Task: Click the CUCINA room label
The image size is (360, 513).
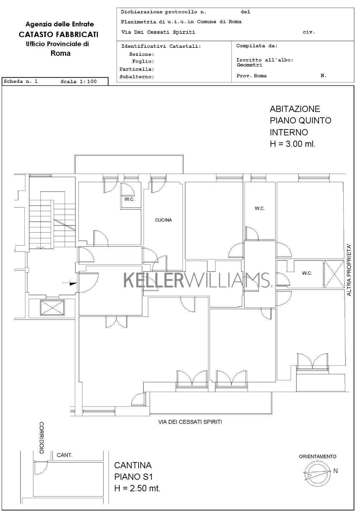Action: (x=163, y=220)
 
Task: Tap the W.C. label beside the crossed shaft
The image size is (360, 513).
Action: (x=307, y=273)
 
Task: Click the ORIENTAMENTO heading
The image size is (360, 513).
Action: (x=318, y=457)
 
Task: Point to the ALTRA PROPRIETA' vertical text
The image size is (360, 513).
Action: (x=349, y=270)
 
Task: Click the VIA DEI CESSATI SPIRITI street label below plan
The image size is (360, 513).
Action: (x=190, y=422)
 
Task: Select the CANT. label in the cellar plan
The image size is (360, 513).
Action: (x=64, y=455)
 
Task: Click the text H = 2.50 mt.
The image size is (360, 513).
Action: (x=137, y=488)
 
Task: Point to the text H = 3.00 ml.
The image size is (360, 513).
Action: (x=293, y=144)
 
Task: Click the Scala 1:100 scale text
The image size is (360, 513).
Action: (x=78, y=82)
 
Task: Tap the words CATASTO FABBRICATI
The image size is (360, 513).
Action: (x=58, y=34)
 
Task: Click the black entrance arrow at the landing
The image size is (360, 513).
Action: (x=73, y=283)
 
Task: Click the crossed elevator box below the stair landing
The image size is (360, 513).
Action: (x=52, y=308)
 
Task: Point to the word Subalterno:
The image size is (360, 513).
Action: (x=137, y=77)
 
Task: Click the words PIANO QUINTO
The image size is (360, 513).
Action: (x=301, y=120)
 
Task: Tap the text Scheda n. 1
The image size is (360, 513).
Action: (x=21, y=81)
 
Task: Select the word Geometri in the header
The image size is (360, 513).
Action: (x=249, y=65)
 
